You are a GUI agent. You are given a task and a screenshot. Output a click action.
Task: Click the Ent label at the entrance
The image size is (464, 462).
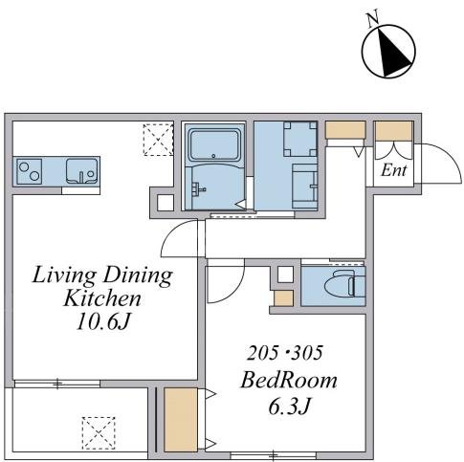click(x=394, y=170)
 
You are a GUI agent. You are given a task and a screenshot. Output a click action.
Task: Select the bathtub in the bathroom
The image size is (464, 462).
click(x=214, y=145)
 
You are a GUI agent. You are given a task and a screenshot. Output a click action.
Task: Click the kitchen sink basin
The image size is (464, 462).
click(x=81, y=171)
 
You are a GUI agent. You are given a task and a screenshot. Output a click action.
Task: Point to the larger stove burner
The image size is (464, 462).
click(x=24, y=166)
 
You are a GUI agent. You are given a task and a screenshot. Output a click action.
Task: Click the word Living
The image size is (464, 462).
click(x=64, y=275)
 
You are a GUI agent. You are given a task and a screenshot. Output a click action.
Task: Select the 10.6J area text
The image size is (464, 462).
click(x=102, y=322)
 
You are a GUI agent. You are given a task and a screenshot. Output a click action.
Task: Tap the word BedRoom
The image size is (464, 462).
click(x=289, y=381)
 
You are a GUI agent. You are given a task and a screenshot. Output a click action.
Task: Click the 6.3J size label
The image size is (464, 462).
click(x=289, y=407)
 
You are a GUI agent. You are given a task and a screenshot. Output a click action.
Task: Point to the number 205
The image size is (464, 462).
click(x=262, y=353)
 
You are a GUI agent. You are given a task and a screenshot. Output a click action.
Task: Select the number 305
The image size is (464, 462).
click(x=307, y=353)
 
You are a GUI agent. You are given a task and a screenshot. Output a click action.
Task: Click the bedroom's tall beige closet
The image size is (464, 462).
click(x=181, y=420)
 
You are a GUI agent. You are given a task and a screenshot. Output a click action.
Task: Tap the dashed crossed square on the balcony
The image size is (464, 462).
click(x=99, y=433)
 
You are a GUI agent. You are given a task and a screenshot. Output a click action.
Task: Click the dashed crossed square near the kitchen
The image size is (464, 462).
click(x=158, y=140)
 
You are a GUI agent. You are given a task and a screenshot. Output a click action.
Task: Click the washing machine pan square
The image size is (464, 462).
click(x=299, y=139)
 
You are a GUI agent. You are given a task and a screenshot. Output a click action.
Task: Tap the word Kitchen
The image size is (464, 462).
click(x=102, y=298)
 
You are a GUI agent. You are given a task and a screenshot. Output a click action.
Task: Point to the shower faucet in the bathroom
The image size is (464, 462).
click(x=197, y=188)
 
